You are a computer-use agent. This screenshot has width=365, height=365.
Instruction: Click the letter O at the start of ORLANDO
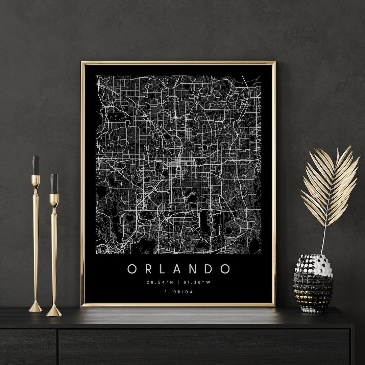pyautogui.click(x=132, y=269)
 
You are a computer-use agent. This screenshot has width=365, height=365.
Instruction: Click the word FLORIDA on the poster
pyautogui.click(x=178, y=292)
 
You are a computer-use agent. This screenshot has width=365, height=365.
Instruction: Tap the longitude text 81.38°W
pyautogui.click(x=197, y=283)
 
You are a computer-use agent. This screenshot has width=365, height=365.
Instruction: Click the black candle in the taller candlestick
pyautogui.click(x=35, y=165)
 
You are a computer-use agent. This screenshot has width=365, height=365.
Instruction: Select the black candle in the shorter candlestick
pyautogui.click(x=54, y=184)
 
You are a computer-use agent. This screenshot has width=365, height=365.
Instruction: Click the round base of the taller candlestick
pyautogui.click(x=35, y=308)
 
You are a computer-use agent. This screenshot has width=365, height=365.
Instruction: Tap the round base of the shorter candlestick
pyautogui.click(x=54, y=312)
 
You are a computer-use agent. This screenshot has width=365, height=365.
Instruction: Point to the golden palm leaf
pyautogui.click(x=330, y=186)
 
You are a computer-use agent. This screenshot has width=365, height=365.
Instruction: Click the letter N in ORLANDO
pyautogui.click(x=194, y=269)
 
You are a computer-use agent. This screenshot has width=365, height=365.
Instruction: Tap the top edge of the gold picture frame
pyautogui.click(x=178, y=63)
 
